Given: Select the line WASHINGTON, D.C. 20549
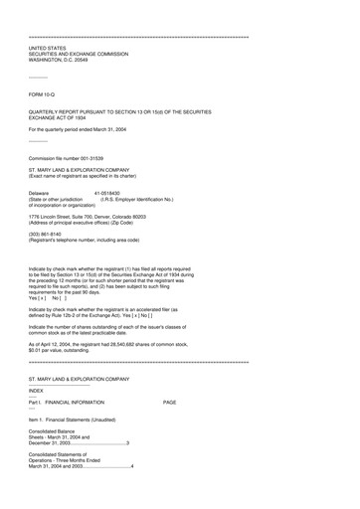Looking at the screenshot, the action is (65, 59).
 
